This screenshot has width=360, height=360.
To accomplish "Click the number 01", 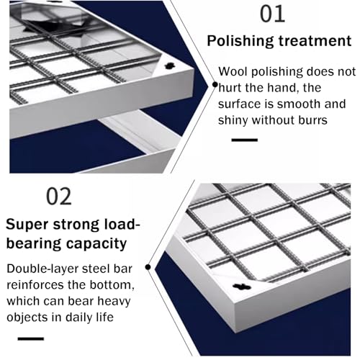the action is coord(273,14).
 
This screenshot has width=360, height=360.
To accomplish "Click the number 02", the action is coord(59,197).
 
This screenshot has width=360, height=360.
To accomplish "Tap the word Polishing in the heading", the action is coord(240,41).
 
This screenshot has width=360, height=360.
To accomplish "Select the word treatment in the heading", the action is coord(315,40).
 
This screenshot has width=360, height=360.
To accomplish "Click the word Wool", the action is coord(233,71).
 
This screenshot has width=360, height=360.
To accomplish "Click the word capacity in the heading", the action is coord(96,244).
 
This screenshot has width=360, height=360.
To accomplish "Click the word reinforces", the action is coord(35,285).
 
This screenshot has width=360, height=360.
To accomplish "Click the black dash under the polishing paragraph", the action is coord(245,140).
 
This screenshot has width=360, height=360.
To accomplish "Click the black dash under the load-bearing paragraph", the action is coord(31,338).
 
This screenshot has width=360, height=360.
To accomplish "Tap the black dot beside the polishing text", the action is coord(215,84).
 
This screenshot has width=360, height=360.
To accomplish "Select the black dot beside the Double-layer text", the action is coord(148,267).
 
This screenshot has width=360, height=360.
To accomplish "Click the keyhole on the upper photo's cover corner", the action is coord(170,66).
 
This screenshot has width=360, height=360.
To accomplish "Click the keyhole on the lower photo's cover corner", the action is coord(242,287).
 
